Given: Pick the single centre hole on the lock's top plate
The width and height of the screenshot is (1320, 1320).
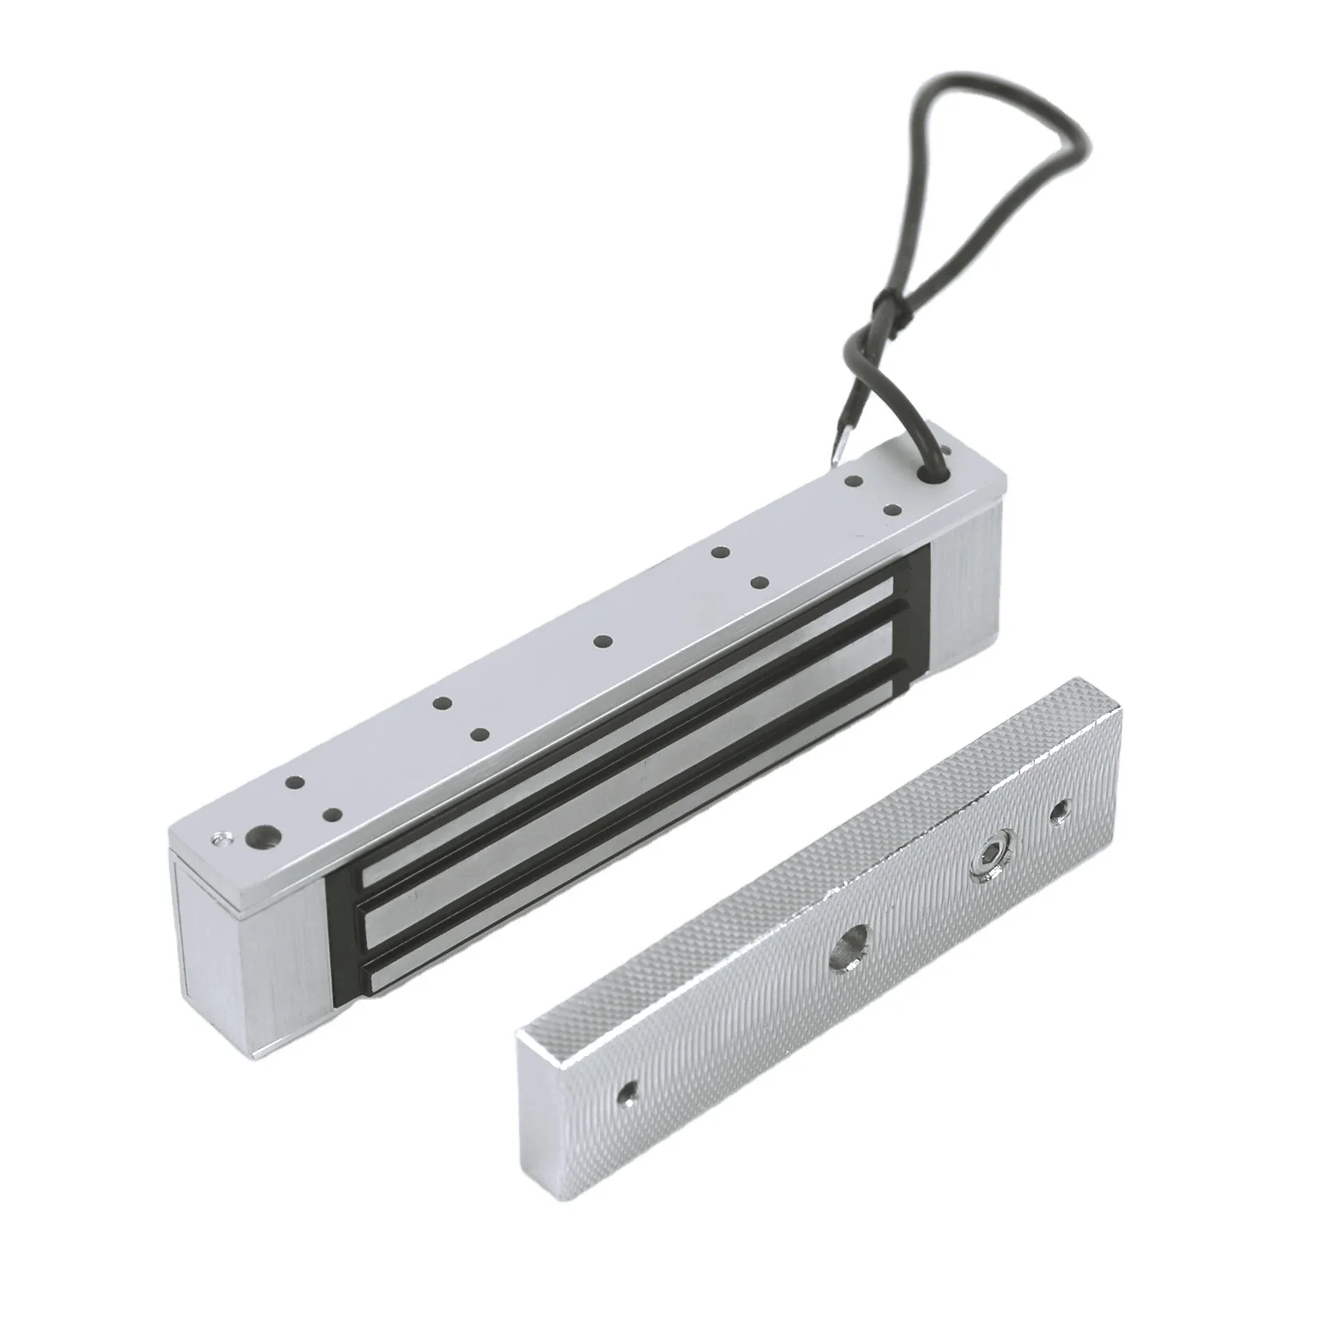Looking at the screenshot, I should click(601, 641).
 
